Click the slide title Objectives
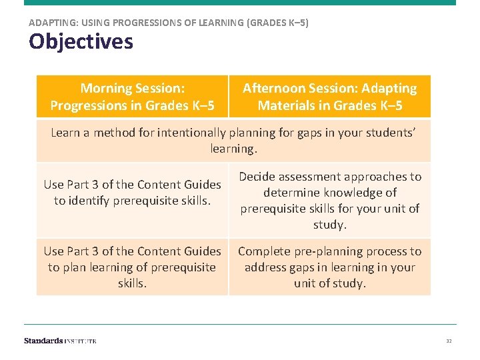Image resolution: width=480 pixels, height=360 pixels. coord(81,43)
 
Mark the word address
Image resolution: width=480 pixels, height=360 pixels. coord(265,267)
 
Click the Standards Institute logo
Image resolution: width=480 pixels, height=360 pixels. coord(60,341)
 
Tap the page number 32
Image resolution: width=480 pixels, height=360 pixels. coord(449,341)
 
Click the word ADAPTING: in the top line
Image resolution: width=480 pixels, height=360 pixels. coord(53,23)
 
